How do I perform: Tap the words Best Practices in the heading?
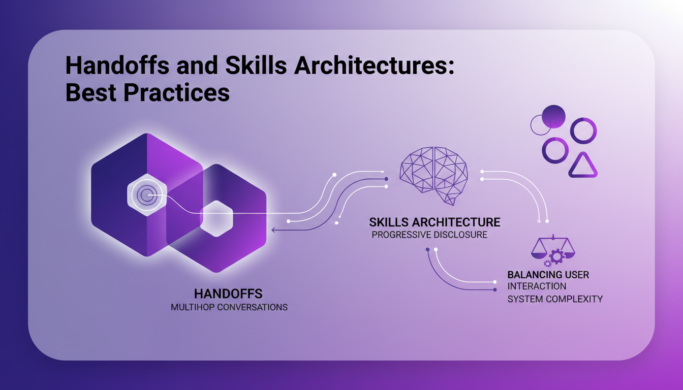(147, 93)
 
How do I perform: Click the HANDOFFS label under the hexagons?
(228, 294)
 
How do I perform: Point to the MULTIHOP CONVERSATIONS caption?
(229, 307)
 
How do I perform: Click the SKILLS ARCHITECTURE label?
(434, 222)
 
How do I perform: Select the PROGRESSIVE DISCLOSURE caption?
(429, 235)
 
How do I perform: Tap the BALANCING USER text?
(548, 275)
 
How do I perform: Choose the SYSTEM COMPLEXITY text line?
(555, 299)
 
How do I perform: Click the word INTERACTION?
(537, 286)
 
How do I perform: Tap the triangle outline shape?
(583, 166)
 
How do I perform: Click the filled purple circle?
(554, 116)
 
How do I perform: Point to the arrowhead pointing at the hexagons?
(274, 230)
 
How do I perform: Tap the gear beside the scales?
(557, 257)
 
